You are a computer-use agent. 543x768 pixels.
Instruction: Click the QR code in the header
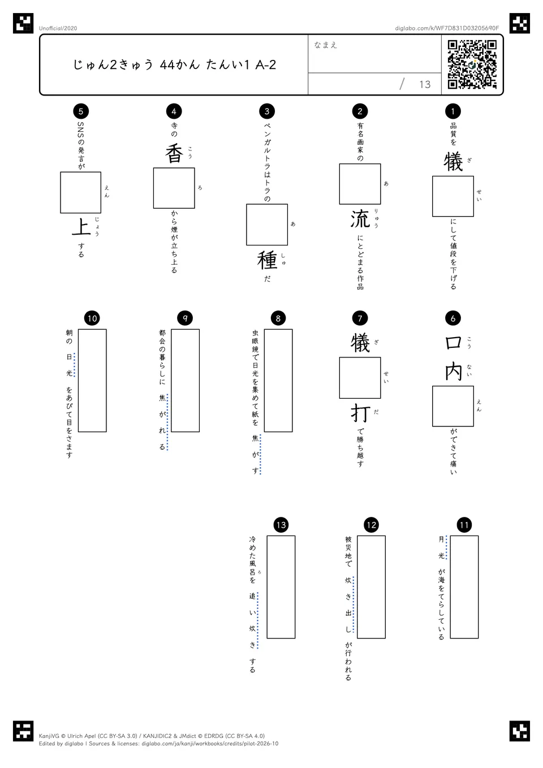[x=472, y=64]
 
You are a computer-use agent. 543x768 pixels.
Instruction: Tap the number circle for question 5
[x=81, y=111]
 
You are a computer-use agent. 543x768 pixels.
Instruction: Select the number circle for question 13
[x=281, y=525]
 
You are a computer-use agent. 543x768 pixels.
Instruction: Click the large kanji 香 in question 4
[x=174, y=153]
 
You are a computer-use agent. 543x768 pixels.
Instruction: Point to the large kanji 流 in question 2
[x=360, y=219]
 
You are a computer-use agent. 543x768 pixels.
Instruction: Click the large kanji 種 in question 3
[x=267, y=260]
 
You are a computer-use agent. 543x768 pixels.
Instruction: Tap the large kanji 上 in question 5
[x=81, y=227]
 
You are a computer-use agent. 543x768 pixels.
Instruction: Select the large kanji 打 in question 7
[x=360, y=413]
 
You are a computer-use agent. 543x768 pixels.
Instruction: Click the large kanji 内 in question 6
[x=453, y=372]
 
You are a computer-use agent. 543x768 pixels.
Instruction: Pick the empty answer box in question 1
[x=453, y=196]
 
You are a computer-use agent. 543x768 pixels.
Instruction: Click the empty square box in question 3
[x=267, y=225]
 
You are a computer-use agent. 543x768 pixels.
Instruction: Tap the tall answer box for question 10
[x=92, y=380]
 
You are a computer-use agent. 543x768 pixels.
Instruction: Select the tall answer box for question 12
[x=371, y=587]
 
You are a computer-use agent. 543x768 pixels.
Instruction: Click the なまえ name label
[x=326, y=45]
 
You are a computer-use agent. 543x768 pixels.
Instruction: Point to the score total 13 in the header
[x=425, y=84]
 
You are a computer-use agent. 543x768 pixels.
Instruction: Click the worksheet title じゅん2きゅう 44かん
[x=136, y=64]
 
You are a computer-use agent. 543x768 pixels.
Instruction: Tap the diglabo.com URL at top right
[x=447, y=28]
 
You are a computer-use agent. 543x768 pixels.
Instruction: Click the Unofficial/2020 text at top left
[x=58, y=28]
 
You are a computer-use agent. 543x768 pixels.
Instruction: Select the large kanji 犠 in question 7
[x=360, y=343]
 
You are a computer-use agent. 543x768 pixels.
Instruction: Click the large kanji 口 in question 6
[x=453, y=343]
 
